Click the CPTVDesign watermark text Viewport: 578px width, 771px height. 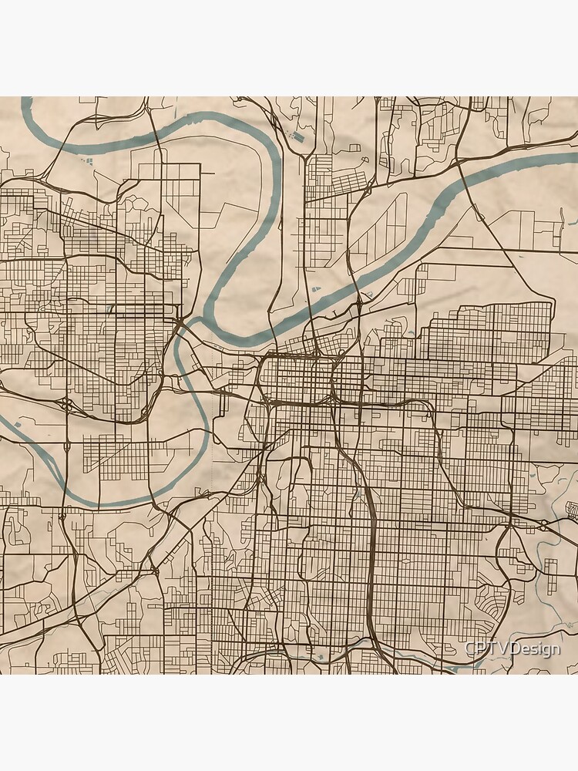(512, 649)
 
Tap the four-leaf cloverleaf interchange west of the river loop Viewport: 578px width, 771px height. (68, 404)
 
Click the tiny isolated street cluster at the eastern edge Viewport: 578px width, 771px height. (572, 509)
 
